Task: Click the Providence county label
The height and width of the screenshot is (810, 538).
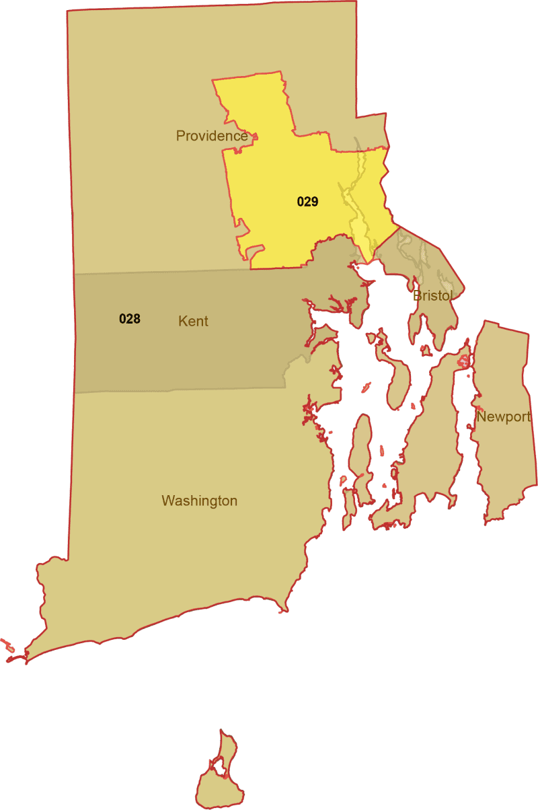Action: point(211,136)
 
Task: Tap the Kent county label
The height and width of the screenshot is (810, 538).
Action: point(193,322)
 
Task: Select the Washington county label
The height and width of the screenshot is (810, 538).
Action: point(199,501)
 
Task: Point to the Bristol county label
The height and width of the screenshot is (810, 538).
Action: point(433,295)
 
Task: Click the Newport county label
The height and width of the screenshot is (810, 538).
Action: point(504,417)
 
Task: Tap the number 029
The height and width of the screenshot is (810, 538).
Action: point(307,201)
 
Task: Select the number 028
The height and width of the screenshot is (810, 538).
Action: point(130,319)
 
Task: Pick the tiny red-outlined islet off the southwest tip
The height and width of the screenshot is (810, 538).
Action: point(7,645)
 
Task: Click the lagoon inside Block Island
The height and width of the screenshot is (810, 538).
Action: point(218,766)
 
